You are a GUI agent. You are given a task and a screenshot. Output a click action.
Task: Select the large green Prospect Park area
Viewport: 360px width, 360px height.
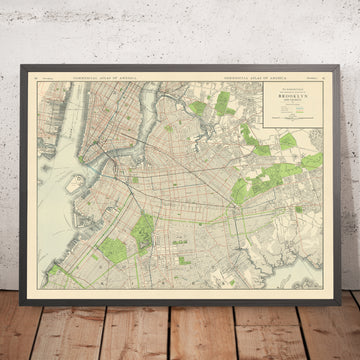[143, 232]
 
